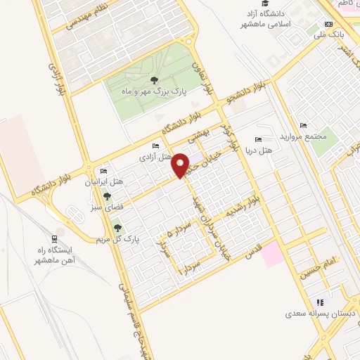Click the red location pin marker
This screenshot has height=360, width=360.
pyautogui.click(x=181, y=165)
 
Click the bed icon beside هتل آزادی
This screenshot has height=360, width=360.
pyautogui.click(x=145, y=146)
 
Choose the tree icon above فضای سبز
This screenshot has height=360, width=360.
pyautogui.click(x=107, y=196)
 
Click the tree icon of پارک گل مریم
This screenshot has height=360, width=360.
pyautogui.click(x=117, y=227)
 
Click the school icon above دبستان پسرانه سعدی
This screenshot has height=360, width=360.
pyautogui.click(x=320, y=302)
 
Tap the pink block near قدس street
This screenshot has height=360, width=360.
pyautogui.click(x=272, y=255)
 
